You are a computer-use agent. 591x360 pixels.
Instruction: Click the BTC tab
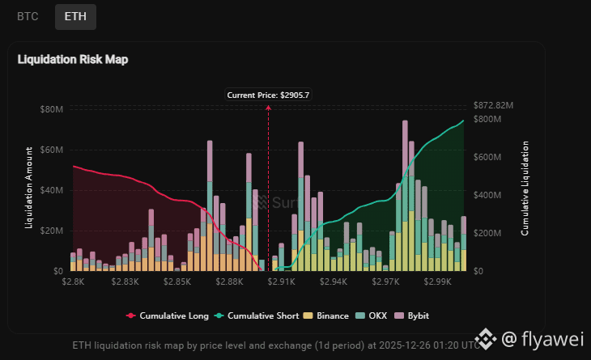(28, 15)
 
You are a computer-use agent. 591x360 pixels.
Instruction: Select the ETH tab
(75, 15)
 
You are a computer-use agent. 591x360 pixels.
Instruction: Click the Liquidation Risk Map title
(73, 59)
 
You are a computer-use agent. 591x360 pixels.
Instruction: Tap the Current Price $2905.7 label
(268, 95)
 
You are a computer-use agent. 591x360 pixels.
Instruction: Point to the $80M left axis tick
(52, 109)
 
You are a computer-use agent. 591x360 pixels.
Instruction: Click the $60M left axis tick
(52, 150)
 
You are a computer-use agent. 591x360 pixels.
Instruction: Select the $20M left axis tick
(52, 231)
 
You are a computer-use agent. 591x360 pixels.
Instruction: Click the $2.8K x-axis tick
(73, 282)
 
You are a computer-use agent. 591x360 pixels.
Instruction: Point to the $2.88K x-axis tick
(231, 282)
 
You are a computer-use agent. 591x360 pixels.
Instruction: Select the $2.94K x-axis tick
(334, 282)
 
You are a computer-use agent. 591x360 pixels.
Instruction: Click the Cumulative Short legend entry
(258, 316)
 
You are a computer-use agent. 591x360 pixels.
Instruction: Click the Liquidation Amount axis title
(30, 188)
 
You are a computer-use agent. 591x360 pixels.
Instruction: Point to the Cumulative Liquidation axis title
(525, 188)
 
